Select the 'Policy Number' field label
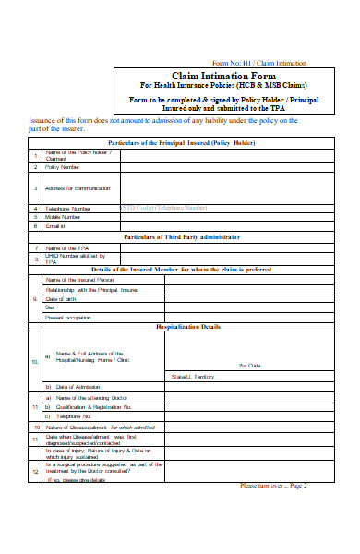pos(64,167)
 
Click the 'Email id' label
pos(57,225)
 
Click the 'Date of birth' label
pos(62,299)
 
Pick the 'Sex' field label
pos(50,308)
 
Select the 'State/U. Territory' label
pos(193,376)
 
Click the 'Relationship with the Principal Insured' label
pos(92,289)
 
